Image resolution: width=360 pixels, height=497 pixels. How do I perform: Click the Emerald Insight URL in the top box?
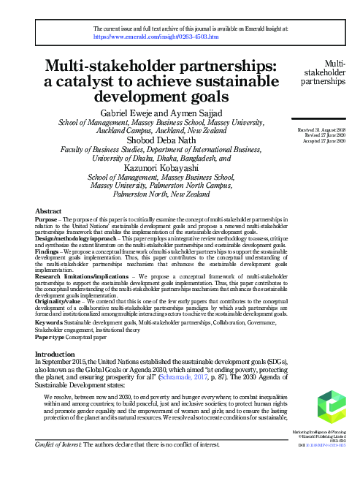click(x=156, y=35)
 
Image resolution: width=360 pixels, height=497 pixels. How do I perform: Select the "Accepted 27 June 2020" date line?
click(x=321, y=140)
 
